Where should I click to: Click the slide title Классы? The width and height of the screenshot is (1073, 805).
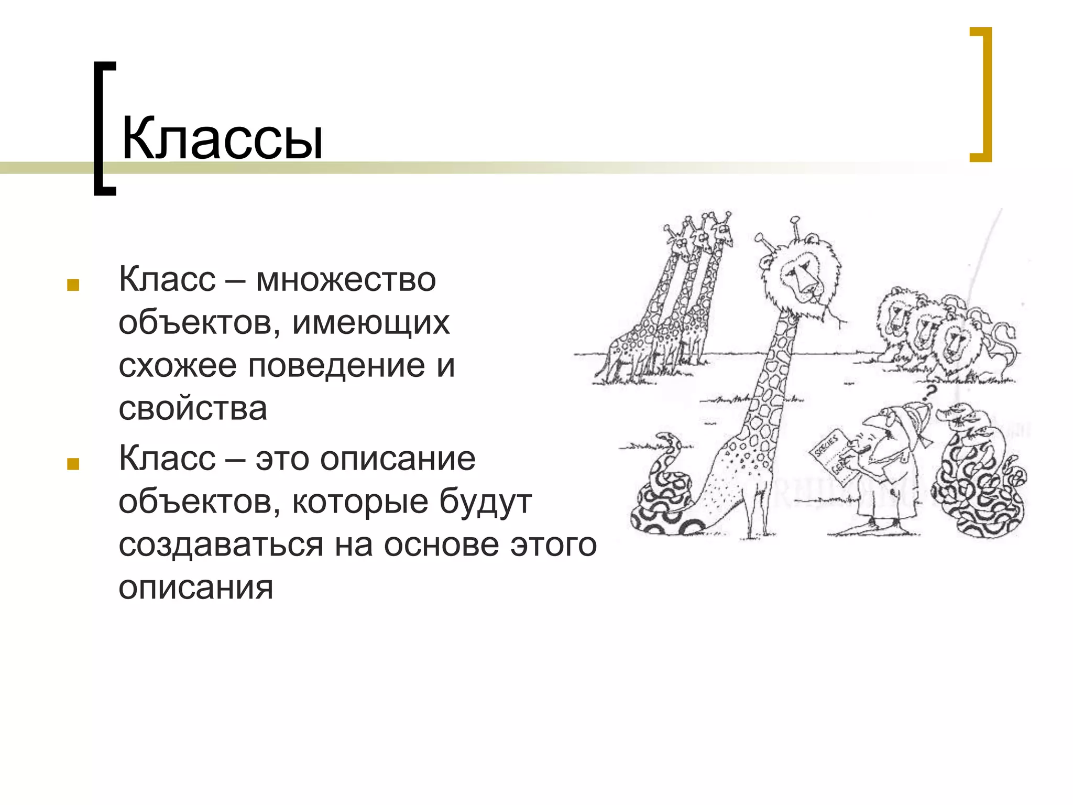pyautogui.click(x=222, y=139)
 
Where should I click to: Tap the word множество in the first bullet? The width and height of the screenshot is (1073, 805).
pyautogui.click(x=346, y=279)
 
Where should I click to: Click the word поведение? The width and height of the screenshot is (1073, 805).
pyautogui.click(x=336, y=365)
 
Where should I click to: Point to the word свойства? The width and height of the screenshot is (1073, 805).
pyautogui.click(x=193, y=408)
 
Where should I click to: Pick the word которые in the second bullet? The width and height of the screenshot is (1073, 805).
pyautogui.click(x=360, y=502)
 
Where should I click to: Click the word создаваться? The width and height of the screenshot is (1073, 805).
pyautogui.click(x=221, y=545)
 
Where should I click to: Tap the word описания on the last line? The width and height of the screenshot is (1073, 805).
pyautogui.click(x=196, y=588)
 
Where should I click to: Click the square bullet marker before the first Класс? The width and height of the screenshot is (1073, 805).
pyautogui.click(x=73, y=285)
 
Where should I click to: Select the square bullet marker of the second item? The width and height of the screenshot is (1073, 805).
pyautogui.click(x=73, y=464)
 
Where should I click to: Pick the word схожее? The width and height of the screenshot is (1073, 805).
pyautogui.click(x=177, y=365)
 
